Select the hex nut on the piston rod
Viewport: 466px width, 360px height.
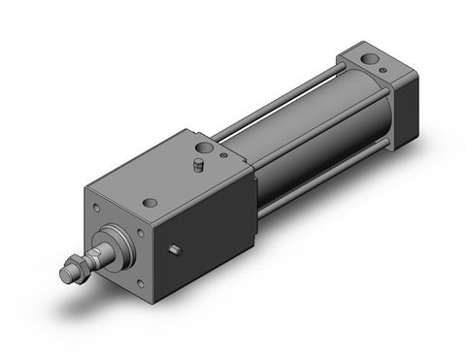click(73, 264)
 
